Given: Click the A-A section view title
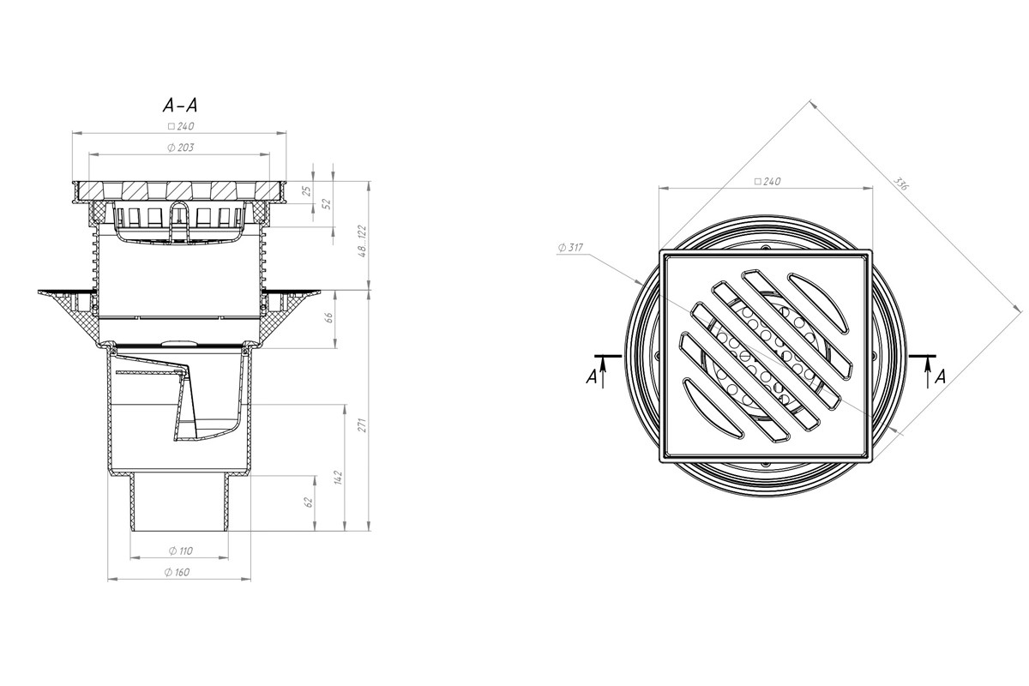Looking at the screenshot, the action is (180, 105).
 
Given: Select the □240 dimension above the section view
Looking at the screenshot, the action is (181, 126).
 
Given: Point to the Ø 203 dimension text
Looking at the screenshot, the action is (181, 147).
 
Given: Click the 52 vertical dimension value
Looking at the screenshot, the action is (327, 204).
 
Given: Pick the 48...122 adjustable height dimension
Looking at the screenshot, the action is (363, 241).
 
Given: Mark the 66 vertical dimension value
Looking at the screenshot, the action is (329, 317).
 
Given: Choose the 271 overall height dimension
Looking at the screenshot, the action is (363, 424).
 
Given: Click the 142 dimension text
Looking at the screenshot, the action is (339, 478).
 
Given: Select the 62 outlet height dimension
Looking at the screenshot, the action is (309, 502).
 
